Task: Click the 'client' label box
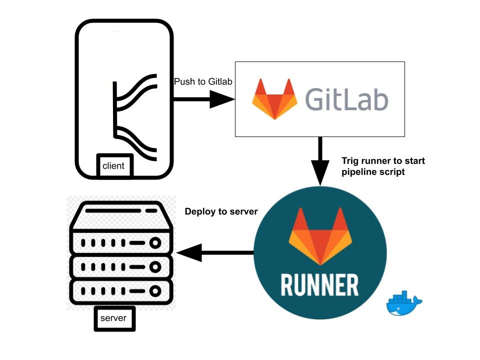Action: (x=113, y=165)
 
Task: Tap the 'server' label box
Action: (x=114, y=318)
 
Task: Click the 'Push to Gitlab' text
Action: (x=203, y=81)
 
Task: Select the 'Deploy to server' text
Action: (x=221, y=211)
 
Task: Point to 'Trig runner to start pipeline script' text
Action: (x=383, y=166)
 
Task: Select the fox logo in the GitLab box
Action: (x=274, y=98)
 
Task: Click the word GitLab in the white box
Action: (x=346, y=99)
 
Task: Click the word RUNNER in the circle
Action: (x=319, y=284)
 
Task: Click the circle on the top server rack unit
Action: (x=155, y=243)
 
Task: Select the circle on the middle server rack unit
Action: (x=155, y=266)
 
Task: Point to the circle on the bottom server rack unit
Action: (x=155, y=290)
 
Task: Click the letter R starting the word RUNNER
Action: (x=289, y=284)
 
